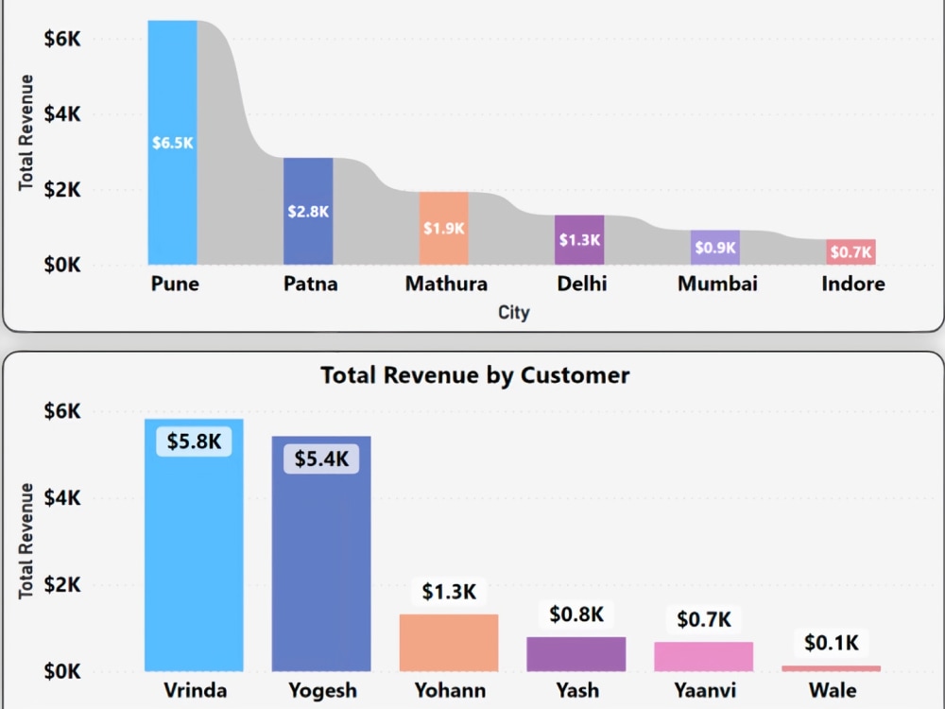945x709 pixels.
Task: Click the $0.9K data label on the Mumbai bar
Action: [715, 248]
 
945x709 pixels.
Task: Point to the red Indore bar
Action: [851, 252]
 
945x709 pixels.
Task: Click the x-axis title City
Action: [514, 312]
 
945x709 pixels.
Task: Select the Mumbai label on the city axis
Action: [717, 284]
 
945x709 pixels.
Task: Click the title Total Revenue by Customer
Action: [474, 375]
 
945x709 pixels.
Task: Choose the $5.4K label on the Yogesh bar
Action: [321, 459]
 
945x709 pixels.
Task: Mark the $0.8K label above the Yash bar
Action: [576, 614]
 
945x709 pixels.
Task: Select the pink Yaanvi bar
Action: [704, 656]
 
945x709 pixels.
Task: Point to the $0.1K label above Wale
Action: [832, 643]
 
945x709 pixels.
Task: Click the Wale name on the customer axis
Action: [832, 690]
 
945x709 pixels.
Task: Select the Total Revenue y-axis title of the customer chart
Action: [26, 540]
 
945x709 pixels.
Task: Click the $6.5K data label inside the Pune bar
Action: [173, 144]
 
